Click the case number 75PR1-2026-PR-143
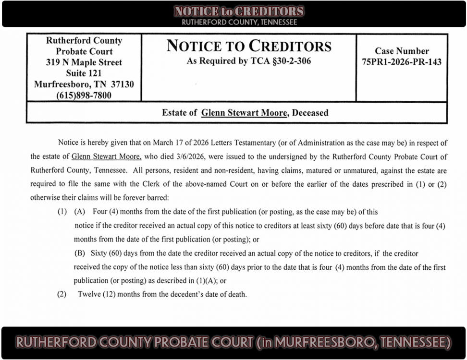coord(402,61)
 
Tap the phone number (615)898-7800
coord(84,95)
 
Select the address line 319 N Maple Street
coord(84,62)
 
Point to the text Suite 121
coord(84,73)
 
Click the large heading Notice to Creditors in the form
coord(249,46)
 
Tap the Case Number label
coord(402,51)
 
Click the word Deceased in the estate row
coord(310,113)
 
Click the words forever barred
coord(143,197)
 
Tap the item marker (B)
coord(79,253)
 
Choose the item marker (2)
coord(62,294)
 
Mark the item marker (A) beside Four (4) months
coord(79,212)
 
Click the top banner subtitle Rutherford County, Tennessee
coord(239,22)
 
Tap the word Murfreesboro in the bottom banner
coord(330,342)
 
